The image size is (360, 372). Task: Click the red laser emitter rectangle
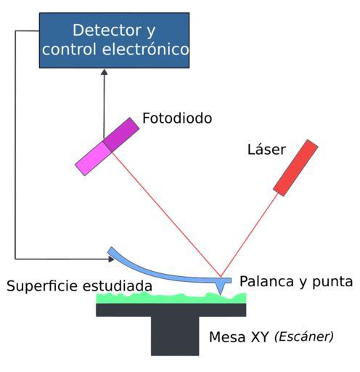click(295, 168)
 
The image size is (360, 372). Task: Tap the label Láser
click(266, 149)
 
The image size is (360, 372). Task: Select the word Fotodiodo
click(177, 118)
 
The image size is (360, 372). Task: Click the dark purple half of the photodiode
click(121, 134)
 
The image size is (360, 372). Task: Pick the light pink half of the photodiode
click(93, 158)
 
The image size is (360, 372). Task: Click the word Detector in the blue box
click(107, 30)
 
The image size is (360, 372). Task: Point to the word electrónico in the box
click(145, 49)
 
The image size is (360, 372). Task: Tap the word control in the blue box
click(69, 49)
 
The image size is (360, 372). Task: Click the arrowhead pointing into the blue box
click(104, 72)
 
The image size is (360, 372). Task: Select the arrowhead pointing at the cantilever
click(111, 259)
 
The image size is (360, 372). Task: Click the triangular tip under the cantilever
click(220, 288)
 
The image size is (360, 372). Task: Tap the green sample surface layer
click(171, 299)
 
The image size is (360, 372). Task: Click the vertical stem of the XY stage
click(175, 336)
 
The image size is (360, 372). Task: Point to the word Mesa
click(227, 337)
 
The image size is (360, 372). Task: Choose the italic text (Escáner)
click(304, 336)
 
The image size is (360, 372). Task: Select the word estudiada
click(118, 286)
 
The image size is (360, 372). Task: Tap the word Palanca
click(267, 281)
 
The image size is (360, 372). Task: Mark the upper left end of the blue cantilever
click(110, 250)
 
